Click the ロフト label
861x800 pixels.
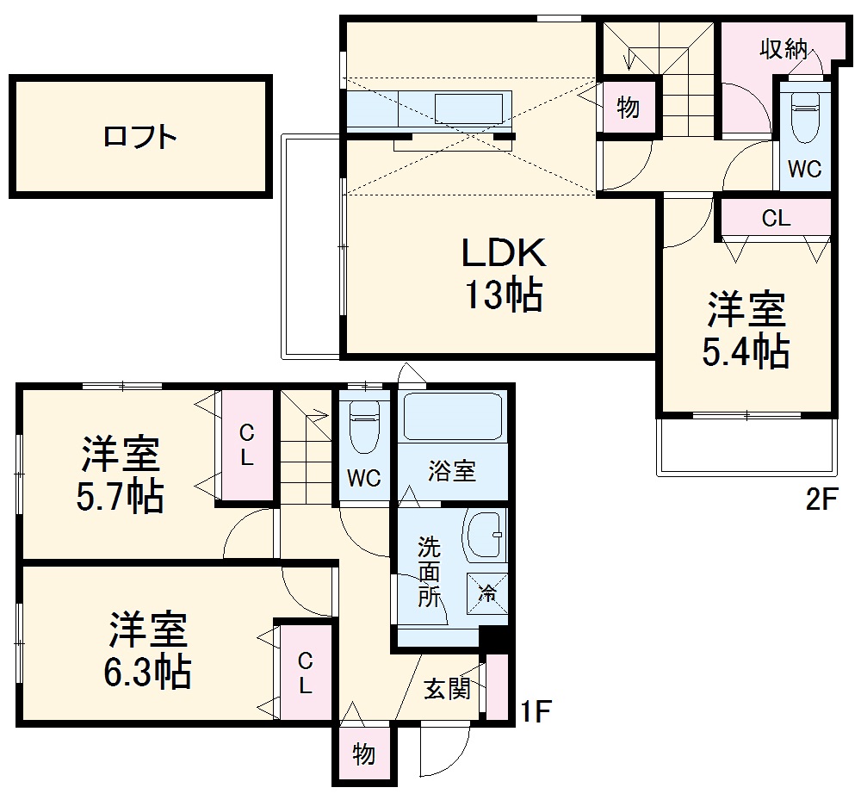[x=140, y=136]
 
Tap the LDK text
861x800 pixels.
[x=504, y=253]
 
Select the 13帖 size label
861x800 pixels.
[x=504, y=296]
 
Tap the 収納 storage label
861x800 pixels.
[x=782, y=49]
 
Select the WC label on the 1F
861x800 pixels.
[x=364, y=479]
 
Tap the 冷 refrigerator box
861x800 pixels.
[x=487, y=593]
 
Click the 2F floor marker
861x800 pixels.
[x=821, y=499]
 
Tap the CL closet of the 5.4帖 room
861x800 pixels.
[x=776, y=219]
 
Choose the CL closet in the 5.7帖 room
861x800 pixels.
[x=246, y=444]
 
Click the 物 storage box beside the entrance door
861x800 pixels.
[x=363, y=754]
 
